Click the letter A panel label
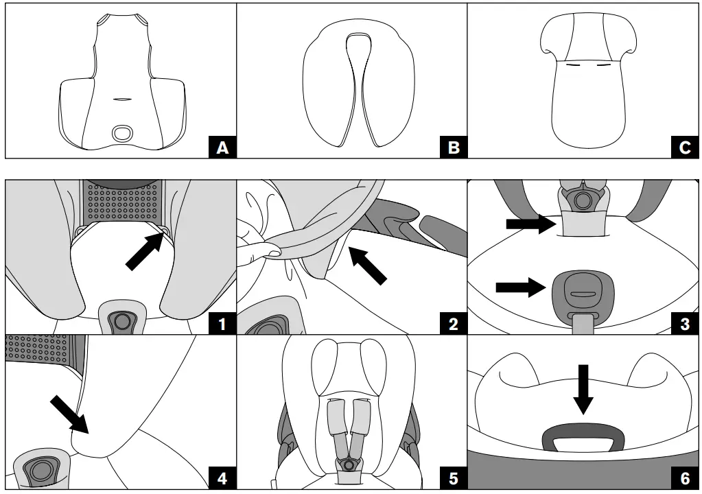click(222, 147)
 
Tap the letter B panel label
click(453, 147)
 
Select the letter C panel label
click(684, 147)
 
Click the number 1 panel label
click(222, 323)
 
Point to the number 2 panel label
click(453, 323)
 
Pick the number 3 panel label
click(684, 323)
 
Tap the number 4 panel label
click(222, 478)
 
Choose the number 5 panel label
click(453, 478)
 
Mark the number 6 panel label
click(684, 478)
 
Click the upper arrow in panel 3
click(529, 223)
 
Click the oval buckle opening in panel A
click(124, 133)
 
